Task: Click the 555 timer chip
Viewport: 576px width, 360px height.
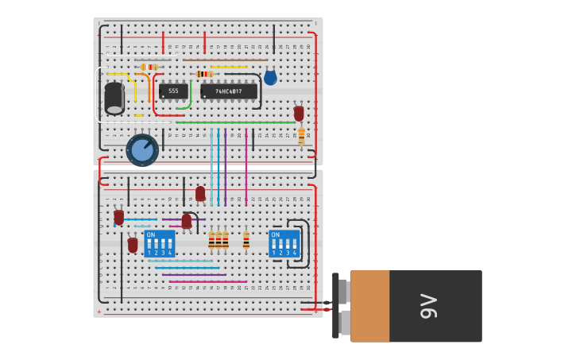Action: [173, 91]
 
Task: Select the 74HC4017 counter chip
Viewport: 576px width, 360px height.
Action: [229, 91]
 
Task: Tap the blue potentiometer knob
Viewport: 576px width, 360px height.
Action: [142, 149]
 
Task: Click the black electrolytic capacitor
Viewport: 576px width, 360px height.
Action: [114, 98]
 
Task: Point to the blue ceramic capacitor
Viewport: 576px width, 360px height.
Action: [270, 77]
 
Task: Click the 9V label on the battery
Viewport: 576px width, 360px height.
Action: [428, 306]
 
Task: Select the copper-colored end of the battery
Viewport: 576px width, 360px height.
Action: [369, 306]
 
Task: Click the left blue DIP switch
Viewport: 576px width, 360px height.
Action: [160, 243]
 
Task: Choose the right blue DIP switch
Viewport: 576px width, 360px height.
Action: [284, 243]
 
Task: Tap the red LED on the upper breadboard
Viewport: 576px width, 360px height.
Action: [299, 113]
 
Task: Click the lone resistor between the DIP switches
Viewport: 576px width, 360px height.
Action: [246, 240]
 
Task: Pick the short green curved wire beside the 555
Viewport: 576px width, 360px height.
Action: [187, 99]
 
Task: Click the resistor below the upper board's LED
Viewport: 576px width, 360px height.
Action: [301, 136]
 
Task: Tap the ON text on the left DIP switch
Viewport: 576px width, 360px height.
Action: [151, 235]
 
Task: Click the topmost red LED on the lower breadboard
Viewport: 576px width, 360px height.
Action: [200, 193]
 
